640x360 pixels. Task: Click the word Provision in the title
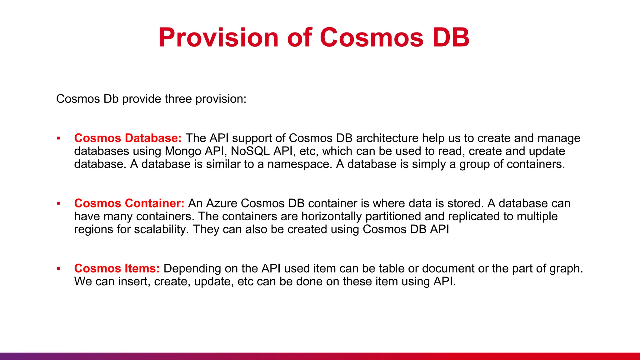(x=218, y=38)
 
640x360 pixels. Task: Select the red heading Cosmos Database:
(x=128, y=138)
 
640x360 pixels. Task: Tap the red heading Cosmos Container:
(x=129, y=203)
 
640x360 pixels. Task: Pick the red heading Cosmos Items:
(x=117, y=269)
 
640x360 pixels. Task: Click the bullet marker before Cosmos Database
(x=58, y=138)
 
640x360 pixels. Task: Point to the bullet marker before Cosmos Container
(x=58, y=203)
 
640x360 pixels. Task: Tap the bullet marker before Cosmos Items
(x=58, y=269)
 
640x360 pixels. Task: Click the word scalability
(x=161, y=230)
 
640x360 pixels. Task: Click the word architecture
(x=387, y=138)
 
